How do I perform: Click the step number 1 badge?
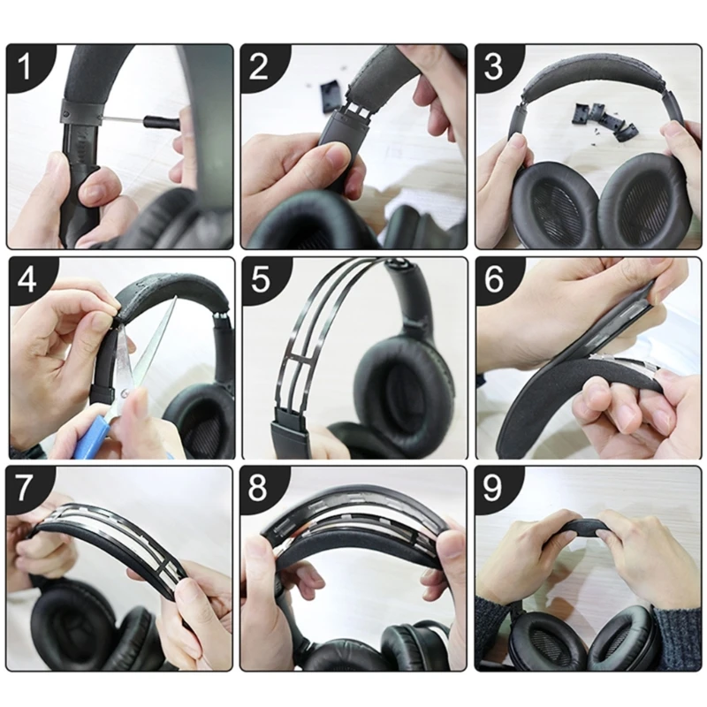[x=26, y=65]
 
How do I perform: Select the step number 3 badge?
[x=493, y=65]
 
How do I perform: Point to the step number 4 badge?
[x=26, y=279]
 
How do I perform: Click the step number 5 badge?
[x=259, y=279]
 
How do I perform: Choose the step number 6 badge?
[x=493, y=279]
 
